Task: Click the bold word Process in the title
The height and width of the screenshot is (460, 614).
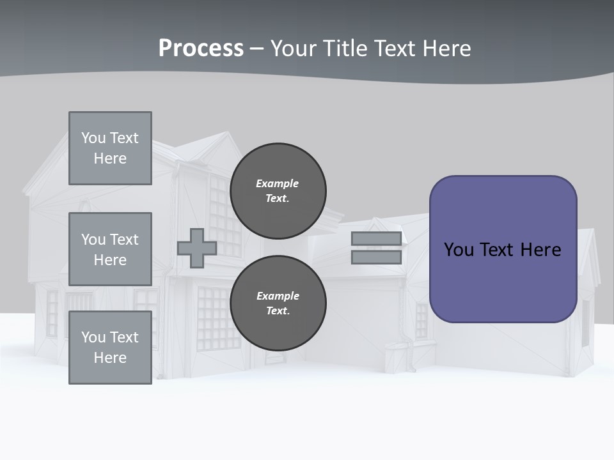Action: click(201, 48)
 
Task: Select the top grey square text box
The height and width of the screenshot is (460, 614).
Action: click(110, 148)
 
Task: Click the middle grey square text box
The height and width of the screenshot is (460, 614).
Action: click(110, 249)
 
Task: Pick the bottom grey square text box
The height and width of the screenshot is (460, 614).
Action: click(110, 348)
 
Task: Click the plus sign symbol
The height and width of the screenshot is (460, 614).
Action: click(197, 248)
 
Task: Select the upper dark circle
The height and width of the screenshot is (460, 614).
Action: click(278, 190)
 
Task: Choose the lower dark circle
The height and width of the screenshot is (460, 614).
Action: click(278, 303)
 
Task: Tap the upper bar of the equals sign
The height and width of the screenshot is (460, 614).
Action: click(376, 239)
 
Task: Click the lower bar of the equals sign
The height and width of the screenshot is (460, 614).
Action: click(376, 257)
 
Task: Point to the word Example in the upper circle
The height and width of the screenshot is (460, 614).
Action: click(278, 183)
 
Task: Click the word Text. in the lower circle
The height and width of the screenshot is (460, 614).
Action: click(278, 310)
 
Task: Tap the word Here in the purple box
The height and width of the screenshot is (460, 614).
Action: click(540, 250)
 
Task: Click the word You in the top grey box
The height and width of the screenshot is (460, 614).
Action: click(93, 138)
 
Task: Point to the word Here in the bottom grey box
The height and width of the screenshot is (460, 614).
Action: click(110, 358)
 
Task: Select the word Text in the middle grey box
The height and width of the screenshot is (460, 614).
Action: click(123, 240)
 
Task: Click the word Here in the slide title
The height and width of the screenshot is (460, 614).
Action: click(448, 48)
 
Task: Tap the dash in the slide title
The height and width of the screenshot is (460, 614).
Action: click(256, 49)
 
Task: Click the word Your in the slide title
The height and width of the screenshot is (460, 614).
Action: click(293, 48)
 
